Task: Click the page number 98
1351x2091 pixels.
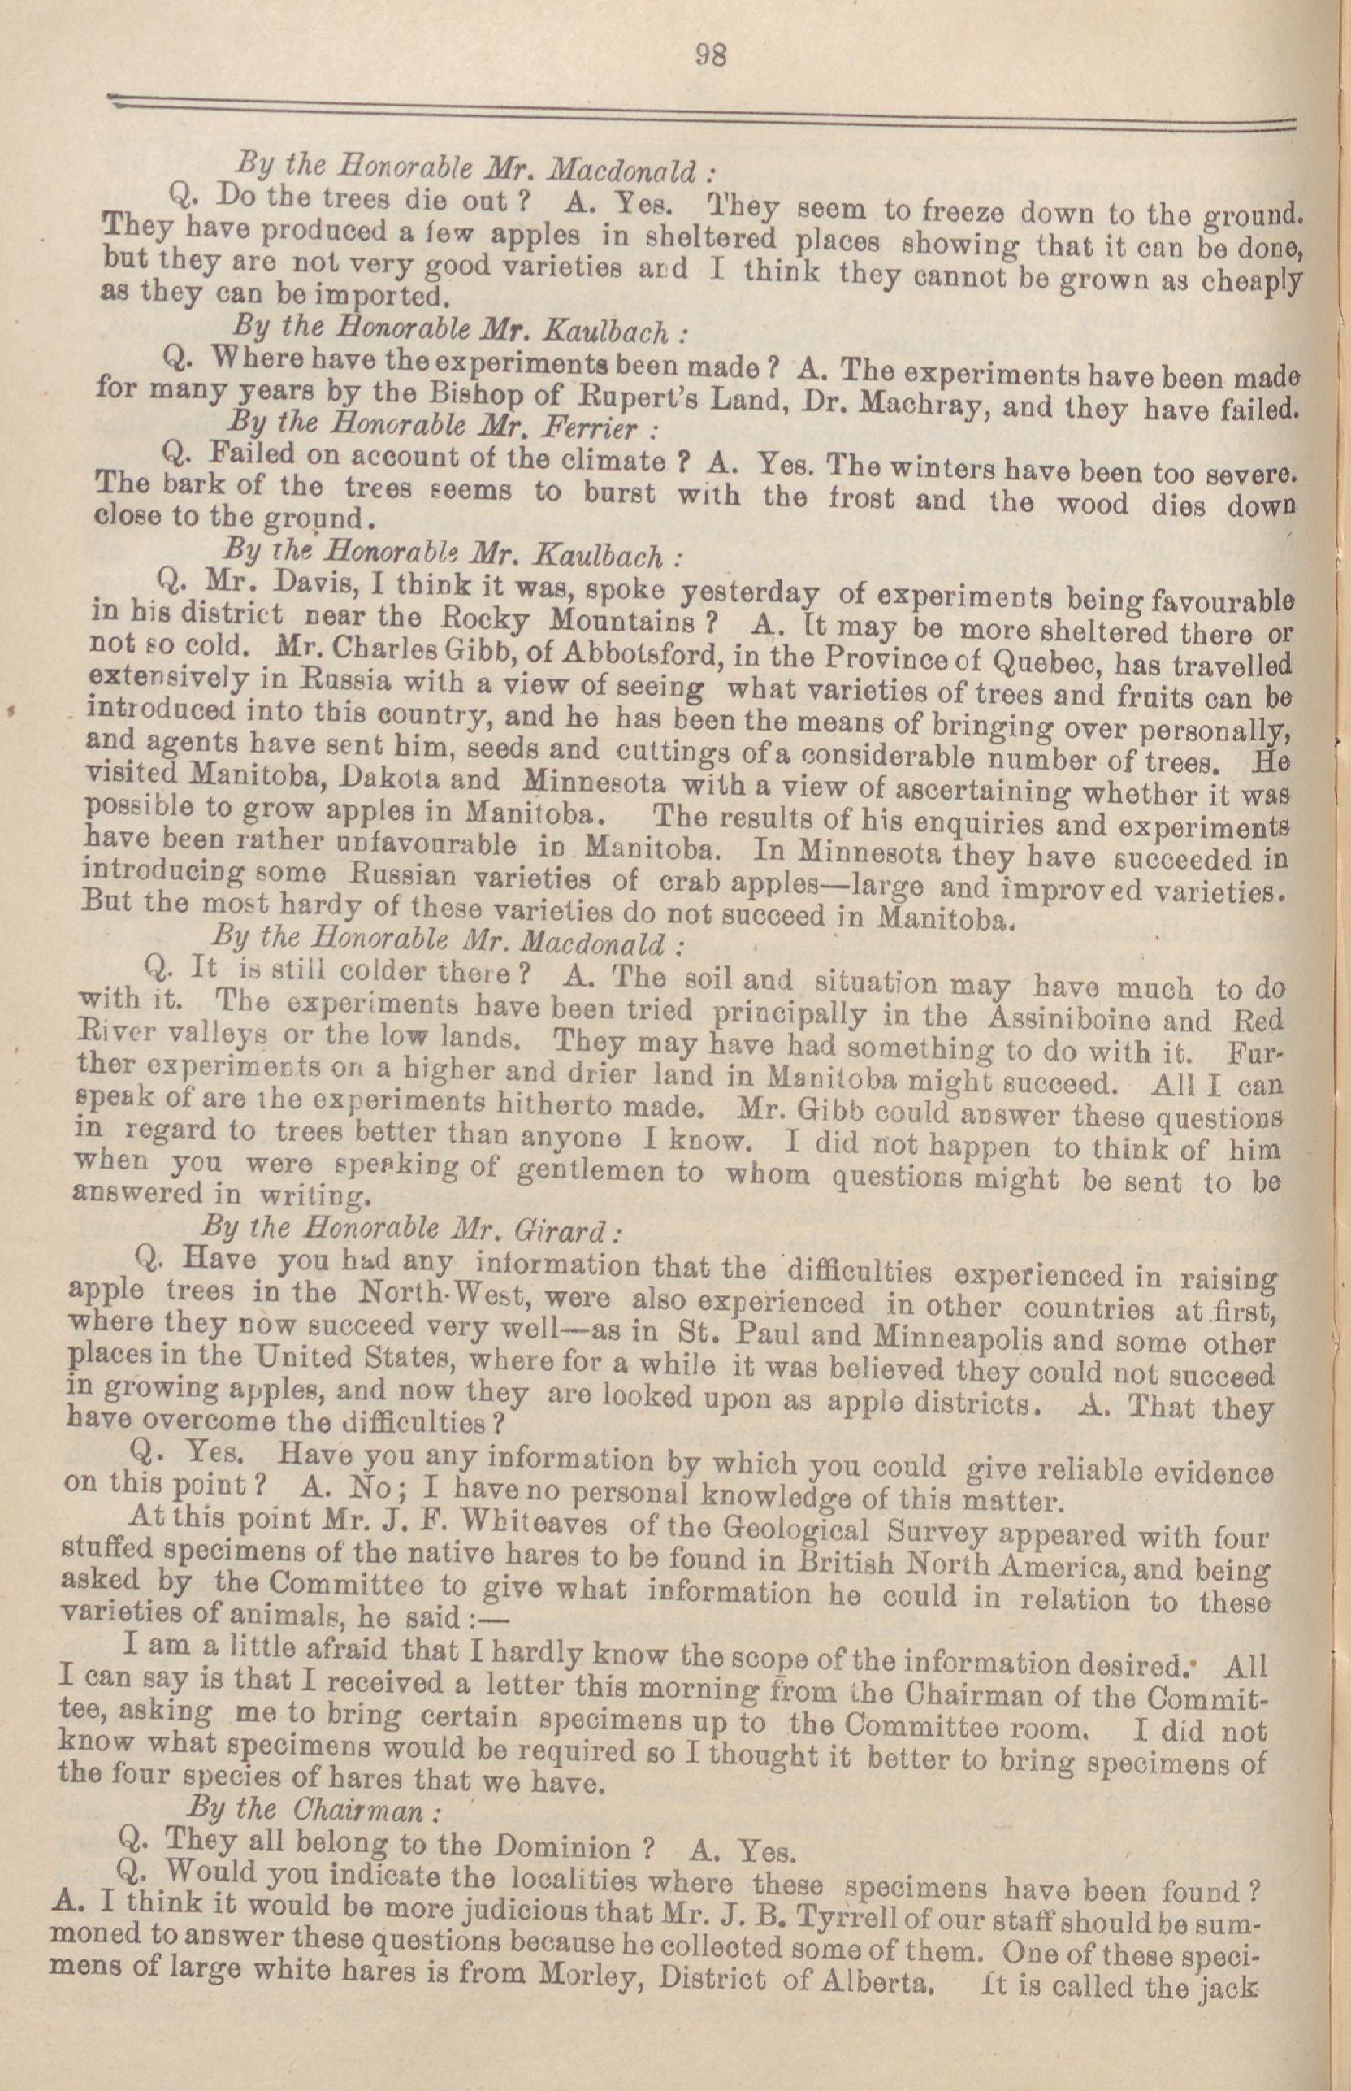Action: coord(711,55)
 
